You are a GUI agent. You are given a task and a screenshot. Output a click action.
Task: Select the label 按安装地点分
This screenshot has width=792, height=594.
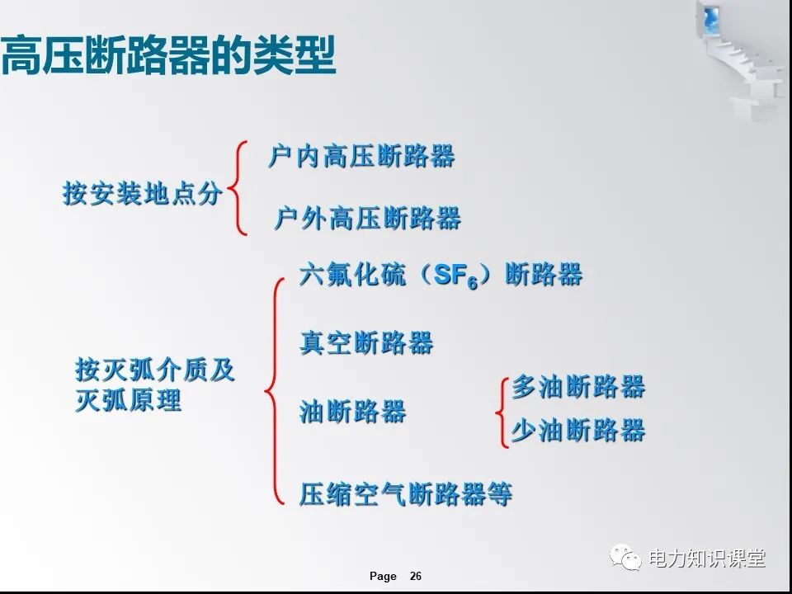click(142, 194)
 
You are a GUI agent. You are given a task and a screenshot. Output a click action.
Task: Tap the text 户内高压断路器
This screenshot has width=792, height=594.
click(361, 156)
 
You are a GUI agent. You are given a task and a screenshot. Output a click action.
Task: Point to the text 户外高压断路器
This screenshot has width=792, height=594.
click(367, 219)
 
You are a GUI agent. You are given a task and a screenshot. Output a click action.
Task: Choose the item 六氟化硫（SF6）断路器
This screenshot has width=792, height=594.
click(441, 276)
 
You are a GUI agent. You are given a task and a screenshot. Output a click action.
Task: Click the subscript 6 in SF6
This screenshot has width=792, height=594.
click(474, 284)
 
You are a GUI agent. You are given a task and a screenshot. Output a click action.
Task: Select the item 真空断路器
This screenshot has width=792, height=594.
click(366, 342)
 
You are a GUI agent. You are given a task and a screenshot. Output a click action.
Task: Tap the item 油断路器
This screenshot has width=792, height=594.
click(352, 412)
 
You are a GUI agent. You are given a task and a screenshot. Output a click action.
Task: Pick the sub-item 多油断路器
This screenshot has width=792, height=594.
click(577, 387)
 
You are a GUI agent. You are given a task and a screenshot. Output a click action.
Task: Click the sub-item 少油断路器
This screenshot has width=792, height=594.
click(577, 430)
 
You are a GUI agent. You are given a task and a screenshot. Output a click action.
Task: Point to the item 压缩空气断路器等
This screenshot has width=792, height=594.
click(405, 494)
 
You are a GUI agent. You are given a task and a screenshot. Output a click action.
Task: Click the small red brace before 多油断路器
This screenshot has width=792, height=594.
click(502, 411)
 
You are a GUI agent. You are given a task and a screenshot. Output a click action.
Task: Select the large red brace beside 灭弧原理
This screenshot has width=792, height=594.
click(273, 389)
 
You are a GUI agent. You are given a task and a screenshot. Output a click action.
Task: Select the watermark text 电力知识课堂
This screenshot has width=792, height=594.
click(707, 559)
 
